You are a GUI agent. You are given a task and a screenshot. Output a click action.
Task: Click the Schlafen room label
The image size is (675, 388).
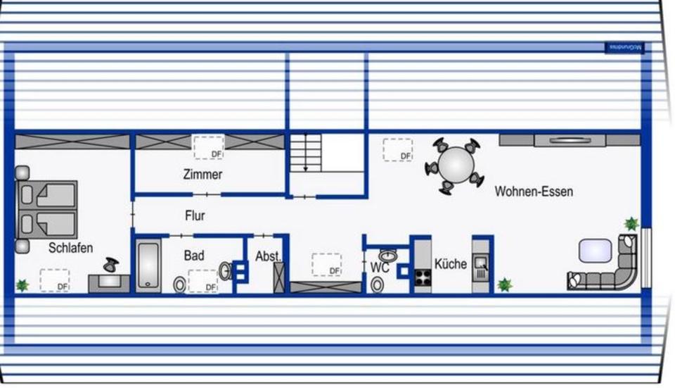(x=70, y=249)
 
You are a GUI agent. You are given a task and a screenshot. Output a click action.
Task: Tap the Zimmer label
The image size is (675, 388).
(x=202, y=175)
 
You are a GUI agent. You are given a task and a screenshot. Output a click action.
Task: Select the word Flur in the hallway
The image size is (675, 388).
(x=195, y=215)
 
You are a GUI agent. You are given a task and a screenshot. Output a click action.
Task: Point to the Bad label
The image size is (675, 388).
(x=194, y=256)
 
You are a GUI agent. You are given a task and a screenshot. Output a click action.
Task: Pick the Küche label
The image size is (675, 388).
(x=450, y=264)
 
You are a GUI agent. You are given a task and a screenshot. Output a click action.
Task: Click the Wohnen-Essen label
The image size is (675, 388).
(x=533, y=192)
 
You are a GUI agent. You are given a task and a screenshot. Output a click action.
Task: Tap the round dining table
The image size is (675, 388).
(x=456, y=165)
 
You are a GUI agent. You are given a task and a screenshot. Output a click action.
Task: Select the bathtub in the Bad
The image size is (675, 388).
(x=148, y=265)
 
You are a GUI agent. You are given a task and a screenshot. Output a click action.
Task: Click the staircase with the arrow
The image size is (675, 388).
(x=305, y=154)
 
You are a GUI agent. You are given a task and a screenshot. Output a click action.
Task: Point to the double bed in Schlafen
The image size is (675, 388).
(x=46, y=209)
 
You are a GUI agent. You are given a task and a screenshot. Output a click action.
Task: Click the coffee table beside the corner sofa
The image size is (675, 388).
(x=595, y=250)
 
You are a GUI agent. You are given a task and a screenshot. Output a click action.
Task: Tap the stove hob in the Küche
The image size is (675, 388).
(x=423, y=277)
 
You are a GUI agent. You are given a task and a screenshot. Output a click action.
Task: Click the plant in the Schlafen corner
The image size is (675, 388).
(x=22, y=285)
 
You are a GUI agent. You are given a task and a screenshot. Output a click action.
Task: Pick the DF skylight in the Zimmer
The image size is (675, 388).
(x=208, y=147)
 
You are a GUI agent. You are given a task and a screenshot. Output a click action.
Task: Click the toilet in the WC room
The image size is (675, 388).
(x=378, y=284)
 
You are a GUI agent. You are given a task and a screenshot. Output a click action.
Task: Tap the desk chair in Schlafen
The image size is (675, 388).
(x=111, y=265)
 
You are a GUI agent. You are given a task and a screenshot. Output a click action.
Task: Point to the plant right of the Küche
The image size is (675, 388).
(x=504, y=284)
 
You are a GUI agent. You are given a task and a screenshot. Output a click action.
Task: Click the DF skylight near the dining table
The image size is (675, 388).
(x=397, y=150)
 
